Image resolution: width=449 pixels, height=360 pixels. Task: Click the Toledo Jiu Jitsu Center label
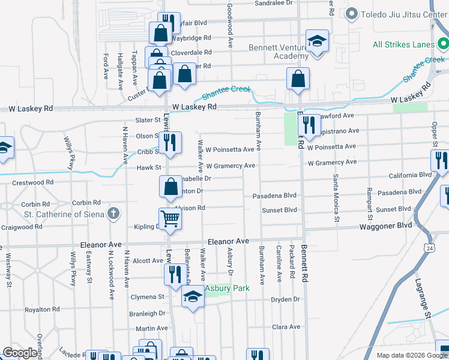click(x=400, y=14)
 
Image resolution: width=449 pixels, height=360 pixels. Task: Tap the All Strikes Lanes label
click(x=405, y=44)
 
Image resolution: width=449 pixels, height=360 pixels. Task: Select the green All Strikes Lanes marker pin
click(x=443, y=44)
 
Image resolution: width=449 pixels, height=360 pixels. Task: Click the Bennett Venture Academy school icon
click(x=316, y=41)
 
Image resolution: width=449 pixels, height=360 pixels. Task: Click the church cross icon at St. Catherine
click(x=113, y=214)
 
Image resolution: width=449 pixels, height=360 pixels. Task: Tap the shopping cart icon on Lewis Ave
click(x=170, y=220)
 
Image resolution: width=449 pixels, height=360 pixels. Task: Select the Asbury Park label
click(x=227, y=289)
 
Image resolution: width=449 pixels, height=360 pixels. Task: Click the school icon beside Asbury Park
click(x=193, y=297)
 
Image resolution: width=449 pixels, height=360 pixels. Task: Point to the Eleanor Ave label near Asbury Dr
click(x=228, y=241)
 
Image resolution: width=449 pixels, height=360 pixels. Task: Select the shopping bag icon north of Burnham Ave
click(x=298, y=78)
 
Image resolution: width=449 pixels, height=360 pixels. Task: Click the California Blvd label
click(x=410, y=175)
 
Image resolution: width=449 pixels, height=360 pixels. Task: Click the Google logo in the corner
click(x=20, y=353)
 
